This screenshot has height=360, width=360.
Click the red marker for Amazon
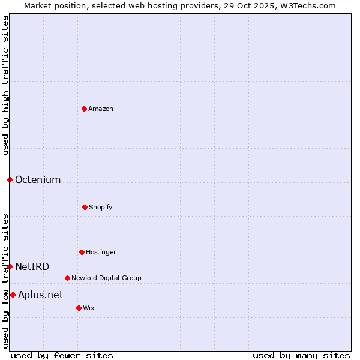[84, 109]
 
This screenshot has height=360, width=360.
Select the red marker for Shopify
[85, 207]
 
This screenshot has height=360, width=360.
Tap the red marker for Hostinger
[82, 252]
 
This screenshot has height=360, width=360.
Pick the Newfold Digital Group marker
[67, 278]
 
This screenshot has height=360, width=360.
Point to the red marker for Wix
[79, 308]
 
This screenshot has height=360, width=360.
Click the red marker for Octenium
[10, 179]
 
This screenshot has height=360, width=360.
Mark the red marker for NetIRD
[10, 266]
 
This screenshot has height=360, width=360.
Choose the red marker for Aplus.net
[13, 295]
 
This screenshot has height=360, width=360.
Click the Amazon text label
[101, 109]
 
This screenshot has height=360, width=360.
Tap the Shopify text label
[101, 207]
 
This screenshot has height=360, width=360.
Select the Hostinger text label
[101, 252]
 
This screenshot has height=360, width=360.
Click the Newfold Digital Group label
[106, 278]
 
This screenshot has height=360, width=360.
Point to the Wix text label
[89, 308]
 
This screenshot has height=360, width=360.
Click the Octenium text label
[38, 179]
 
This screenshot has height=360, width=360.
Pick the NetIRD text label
[32, 266]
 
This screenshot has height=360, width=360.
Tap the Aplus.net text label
[40, 295]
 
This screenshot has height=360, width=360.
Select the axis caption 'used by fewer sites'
[62, 355]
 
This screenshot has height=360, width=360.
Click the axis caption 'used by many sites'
[301, 355]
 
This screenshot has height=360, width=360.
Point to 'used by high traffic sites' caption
[5, 85]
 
